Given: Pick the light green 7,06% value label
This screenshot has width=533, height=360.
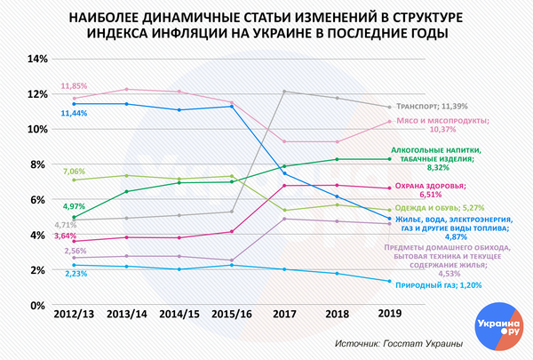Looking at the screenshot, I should [74, 171].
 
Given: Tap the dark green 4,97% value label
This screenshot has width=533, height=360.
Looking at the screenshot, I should [74, 206].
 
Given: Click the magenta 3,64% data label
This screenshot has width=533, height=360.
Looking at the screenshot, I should [65, 236].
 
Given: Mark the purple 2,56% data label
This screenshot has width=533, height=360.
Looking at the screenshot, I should [74, 252].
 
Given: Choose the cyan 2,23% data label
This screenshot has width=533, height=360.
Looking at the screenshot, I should [74, 274].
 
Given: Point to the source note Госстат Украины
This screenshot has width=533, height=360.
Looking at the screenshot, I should [399, 344].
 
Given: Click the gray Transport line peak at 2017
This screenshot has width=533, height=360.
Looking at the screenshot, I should [283, 92].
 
